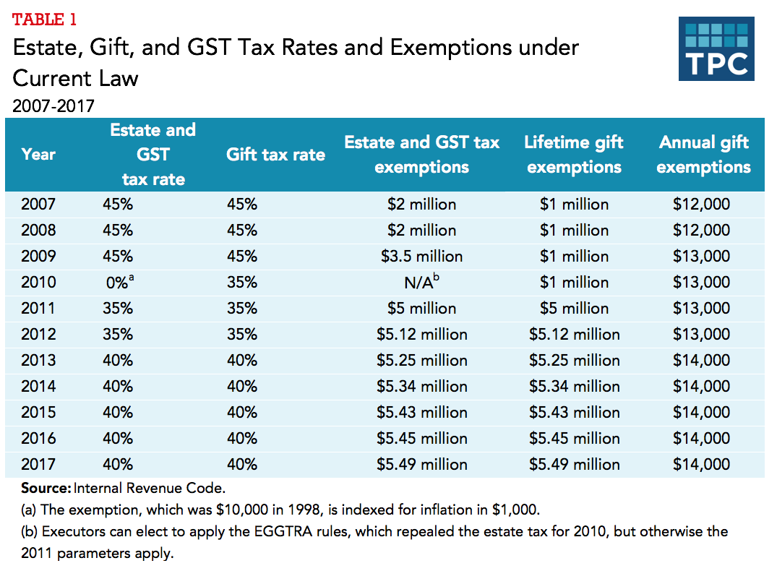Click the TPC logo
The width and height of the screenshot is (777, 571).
coord(716,48)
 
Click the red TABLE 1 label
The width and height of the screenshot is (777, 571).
coord(44,20)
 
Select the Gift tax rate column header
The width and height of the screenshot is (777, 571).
coord(275,155)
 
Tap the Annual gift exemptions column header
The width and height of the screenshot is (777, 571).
coord(703,155)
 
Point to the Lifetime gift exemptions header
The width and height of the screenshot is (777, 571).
coord(574,155)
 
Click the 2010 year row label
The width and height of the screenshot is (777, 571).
coord(38,283)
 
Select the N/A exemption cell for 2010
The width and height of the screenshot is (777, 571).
coord(421,282)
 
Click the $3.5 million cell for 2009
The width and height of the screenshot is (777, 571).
coord(421,257)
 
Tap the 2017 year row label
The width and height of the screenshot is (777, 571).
coord(38,465)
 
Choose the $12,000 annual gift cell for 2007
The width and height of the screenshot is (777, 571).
coord(700,205)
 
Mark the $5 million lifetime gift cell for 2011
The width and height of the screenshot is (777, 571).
coord(574,309)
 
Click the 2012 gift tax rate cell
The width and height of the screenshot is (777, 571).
coord(242,335)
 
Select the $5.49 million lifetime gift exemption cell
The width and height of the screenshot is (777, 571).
coord(574,465)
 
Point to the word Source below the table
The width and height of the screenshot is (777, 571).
coord(46,488)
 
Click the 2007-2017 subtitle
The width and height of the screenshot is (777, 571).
coord(53,106)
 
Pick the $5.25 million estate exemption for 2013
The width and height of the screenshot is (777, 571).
coord(421,361)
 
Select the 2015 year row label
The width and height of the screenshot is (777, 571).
coord(38,413)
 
